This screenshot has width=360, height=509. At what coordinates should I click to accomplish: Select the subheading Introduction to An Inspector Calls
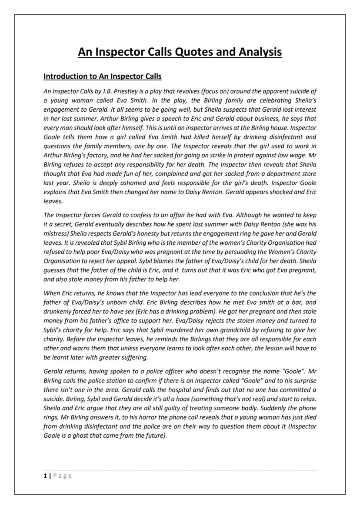pos(102,77)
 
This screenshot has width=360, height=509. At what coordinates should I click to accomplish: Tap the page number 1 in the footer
pos(45,476)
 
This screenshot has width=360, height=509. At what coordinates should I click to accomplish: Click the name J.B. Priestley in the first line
pos(119,91)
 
